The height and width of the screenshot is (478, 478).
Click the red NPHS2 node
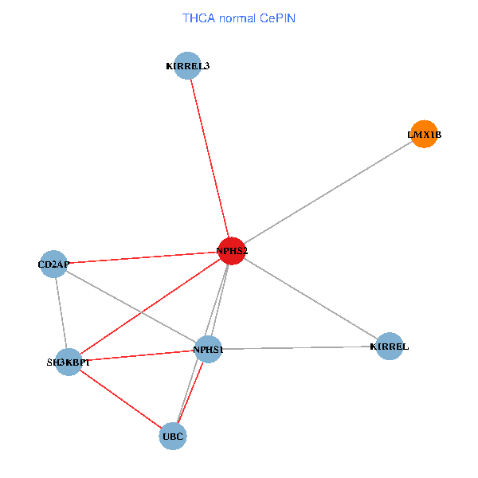tap(232, 251)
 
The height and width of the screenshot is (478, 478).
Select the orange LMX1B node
tap(424, 135)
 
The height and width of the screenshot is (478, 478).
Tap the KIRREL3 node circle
tap(187, 65)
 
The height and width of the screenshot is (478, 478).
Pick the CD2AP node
tap(54, 264)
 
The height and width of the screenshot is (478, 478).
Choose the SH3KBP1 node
tap(69, 362)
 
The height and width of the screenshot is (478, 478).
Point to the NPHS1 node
tap(207, 350)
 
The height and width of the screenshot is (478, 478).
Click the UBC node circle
tap(173, 436)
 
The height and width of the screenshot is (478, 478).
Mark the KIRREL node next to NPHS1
tap(389, 347)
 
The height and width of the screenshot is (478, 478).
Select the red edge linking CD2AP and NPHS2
tap(143, 257)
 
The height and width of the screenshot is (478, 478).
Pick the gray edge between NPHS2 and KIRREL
tap(311, 299)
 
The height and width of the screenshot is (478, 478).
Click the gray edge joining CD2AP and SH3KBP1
tap(61, 313)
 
